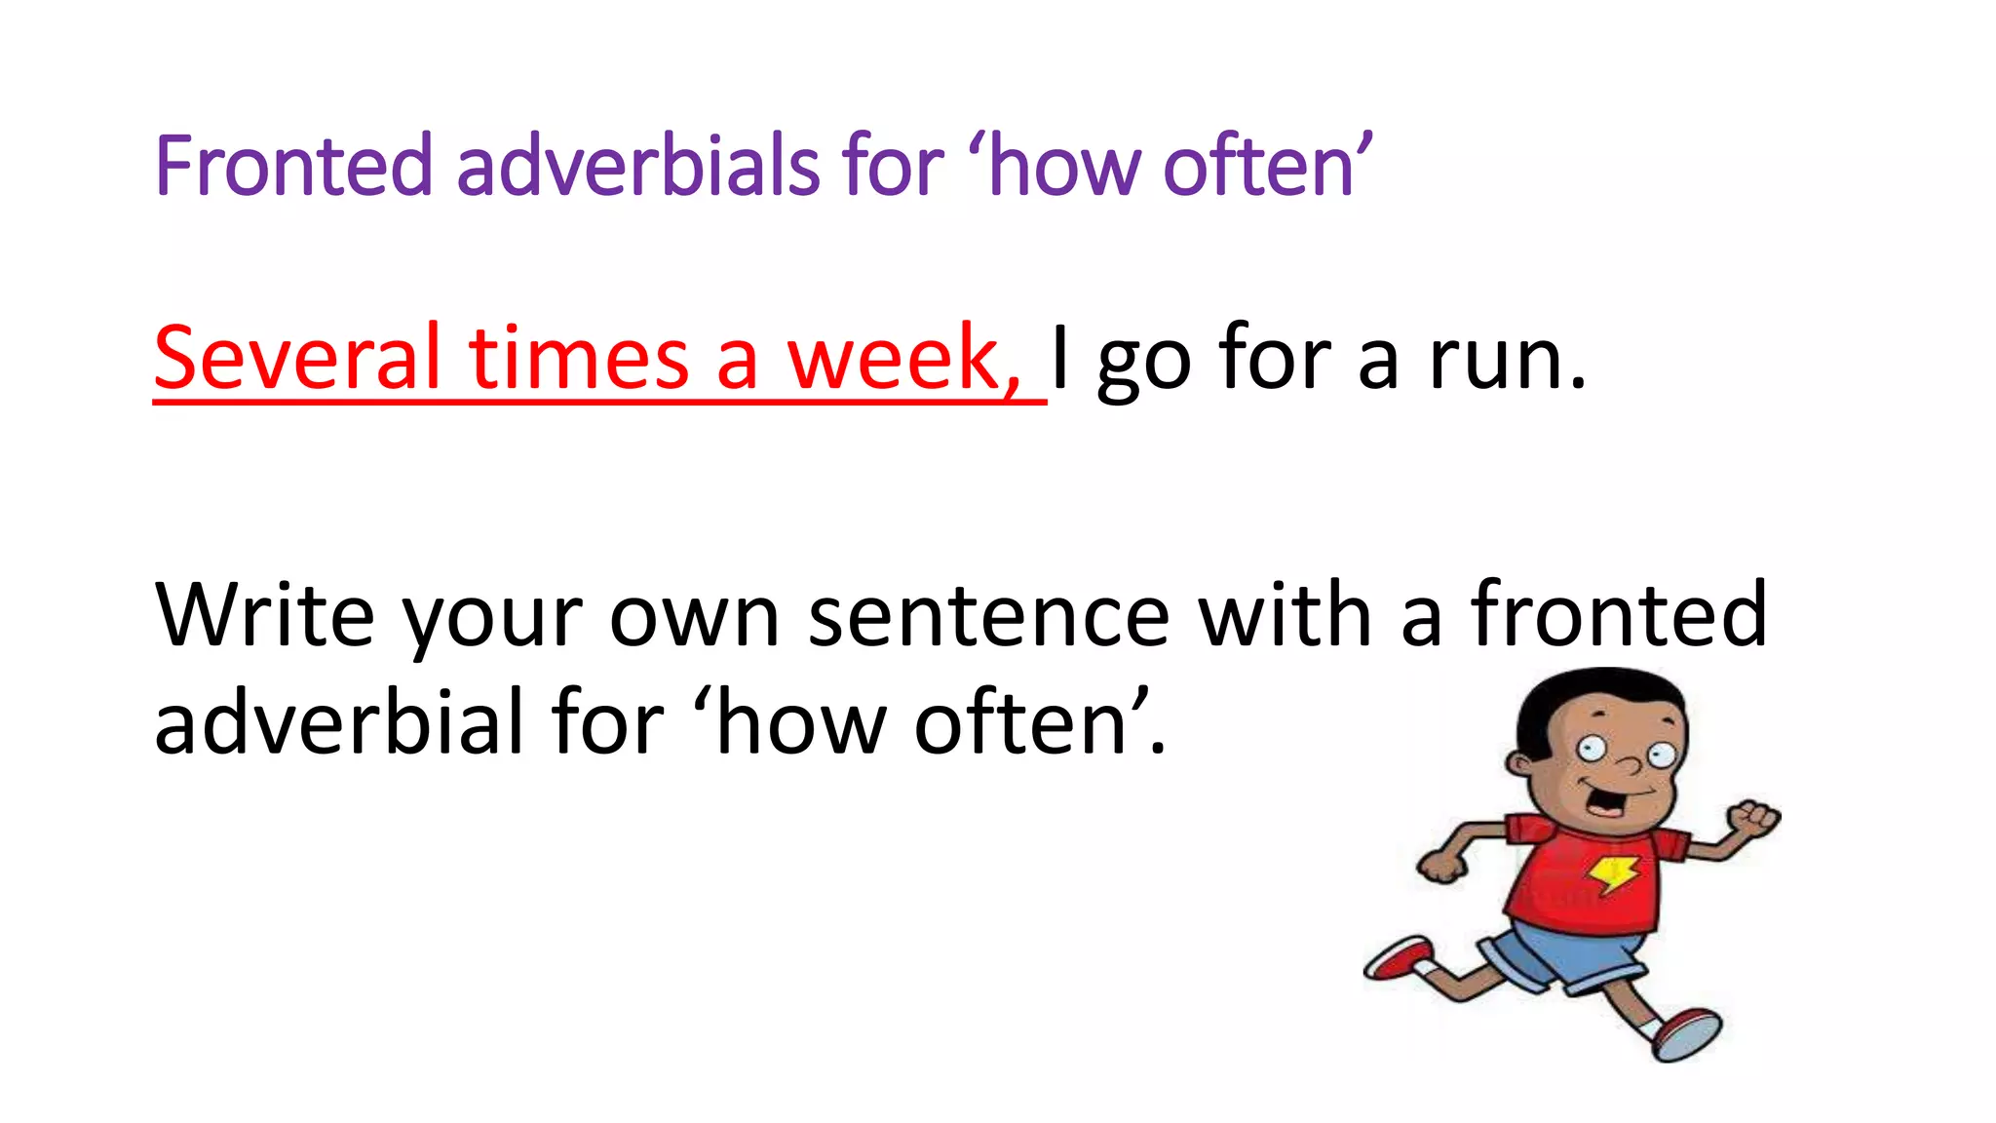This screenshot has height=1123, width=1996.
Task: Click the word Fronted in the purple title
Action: tap(292, 166)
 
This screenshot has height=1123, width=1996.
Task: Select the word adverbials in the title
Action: tap(637, 166)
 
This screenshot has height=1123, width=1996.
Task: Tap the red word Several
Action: tap(297, 358)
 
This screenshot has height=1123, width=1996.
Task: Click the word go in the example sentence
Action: tap(1143, 366)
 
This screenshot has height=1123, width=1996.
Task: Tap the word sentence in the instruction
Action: tap(988, 616)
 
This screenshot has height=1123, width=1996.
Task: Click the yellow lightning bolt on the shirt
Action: tap(1613, 872)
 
